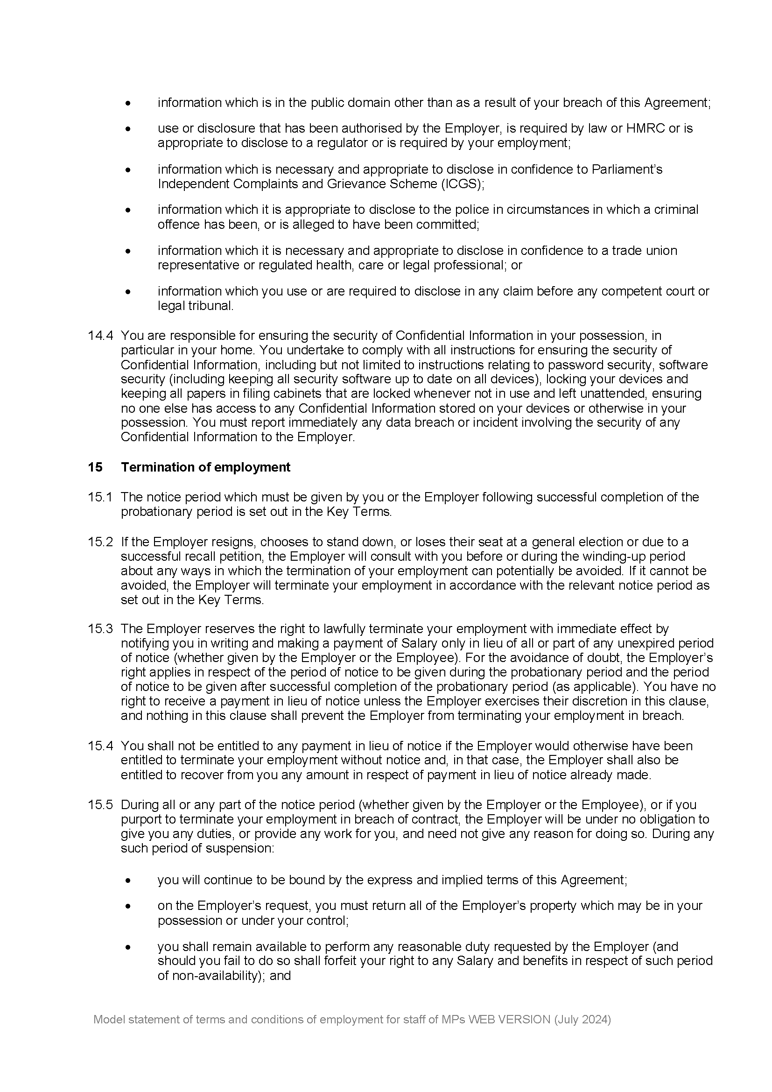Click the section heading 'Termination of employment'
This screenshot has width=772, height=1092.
coord(205,467)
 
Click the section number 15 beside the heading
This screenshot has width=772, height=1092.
coord(95,467)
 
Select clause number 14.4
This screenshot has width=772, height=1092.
coord(100,335)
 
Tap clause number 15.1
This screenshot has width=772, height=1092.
coord(100,497)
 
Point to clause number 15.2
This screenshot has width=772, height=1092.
coord(100,542)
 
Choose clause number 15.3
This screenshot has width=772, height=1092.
coord(100,629)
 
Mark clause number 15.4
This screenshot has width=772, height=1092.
coord(100,746)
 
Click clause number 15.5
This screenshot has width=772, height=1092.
coord(100,805)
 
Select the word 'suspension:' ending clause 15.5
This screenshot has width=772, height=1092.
coord(246,848)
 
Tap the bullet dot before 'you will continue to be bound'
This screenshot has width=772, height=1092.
coord(128,881)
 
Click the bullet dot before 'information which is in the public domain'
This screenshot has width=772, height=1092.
coord(128,103)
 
